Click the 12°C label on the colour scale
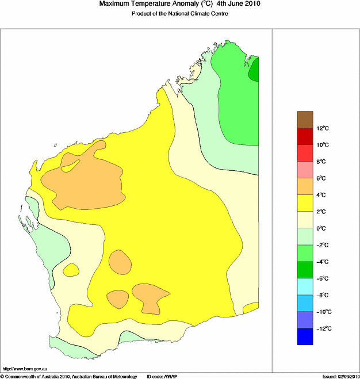[x=323, y=128]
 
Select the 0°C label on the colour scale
[x=323, y=228]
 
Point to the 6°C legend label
[x=323, y=178]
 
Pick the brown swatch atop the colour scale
[x=305, y=119]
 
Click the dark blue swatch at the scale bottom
[x=305, y=336]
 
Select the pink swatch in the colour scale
[x=305, y=170]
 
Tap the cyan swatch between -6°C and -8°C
[x=305, y=286]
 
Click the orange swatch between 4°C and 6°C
[x=305, y=186]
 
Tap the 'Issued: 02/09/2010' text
[x=340, y=376]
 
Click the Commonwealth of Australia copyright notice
[x=68, y=376]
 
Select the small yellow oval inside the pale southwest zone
[x=71, y=269]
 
